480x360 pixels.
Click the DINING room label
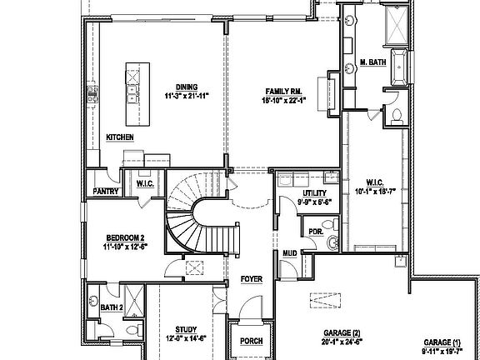click(x=186, y=87)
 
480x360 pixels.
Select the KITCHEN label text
click(x=120, y=137)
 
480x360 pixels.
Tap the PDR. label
click(x=315, y=232)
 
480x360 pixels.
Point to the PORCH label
click(x=251, y=341)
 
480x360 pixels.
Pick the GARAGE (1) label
click(x=442, y=342)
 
